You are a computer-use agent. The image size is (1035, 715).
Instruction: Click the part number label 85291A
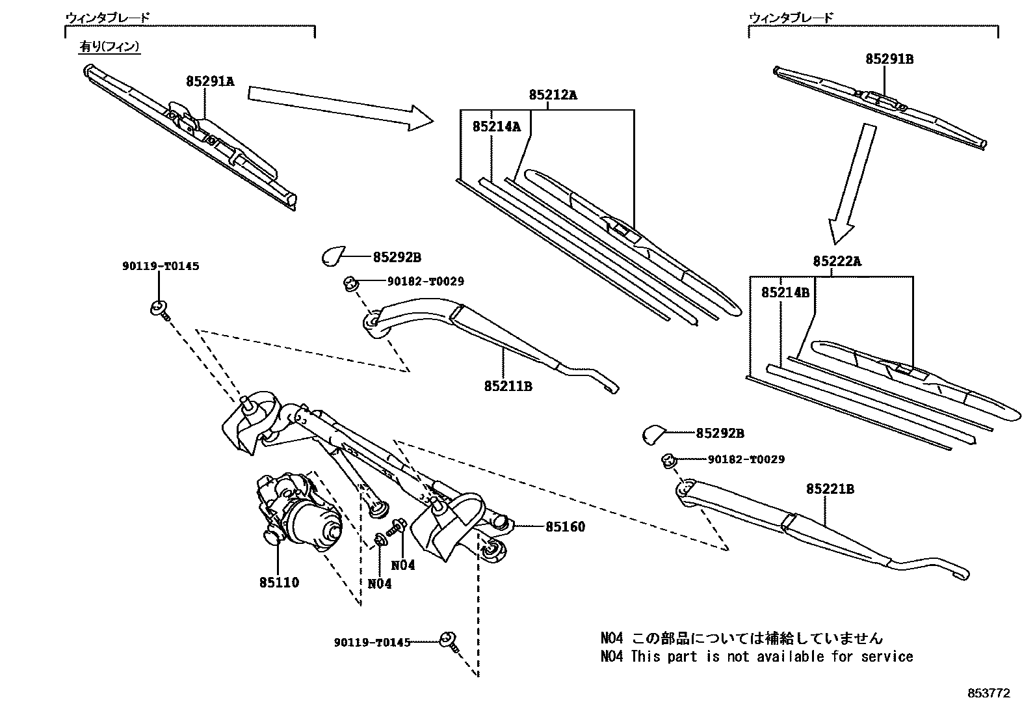209,82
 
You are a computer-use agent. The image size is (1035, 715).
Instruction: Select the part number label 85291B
889,59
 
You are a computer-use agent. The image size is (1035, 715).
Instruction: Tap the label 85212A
553,95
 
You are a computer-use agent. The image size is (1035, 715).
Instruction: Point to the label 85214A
497,127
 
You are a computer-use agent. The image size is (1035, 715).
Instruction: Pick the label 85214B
785,293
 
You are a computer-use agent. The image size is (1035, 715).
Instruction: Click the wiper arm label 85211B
508,386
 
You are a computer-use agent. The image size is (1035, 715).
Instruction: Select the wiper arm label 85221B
830,489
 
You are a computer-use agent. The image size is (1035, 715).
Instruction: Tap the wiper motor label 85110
279,582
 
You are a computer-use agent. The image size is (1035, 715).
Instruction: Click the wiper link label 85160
565,527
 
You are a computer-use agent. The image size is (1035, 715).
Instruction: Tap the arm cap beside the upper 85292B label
335,256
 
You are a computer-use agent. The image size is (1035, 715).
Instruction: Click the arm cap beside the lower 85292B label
655,433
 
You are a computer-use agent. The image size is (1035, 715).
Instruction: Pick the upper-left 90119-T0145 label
160,266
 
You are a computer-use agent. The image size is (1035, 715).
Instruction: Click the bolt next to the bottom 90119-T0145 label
449,641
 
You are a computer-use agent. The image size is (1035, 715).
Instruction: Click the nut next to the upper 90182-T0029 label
351,284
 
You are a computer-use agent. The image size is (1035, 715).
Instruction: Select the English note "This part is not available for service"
771,657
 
